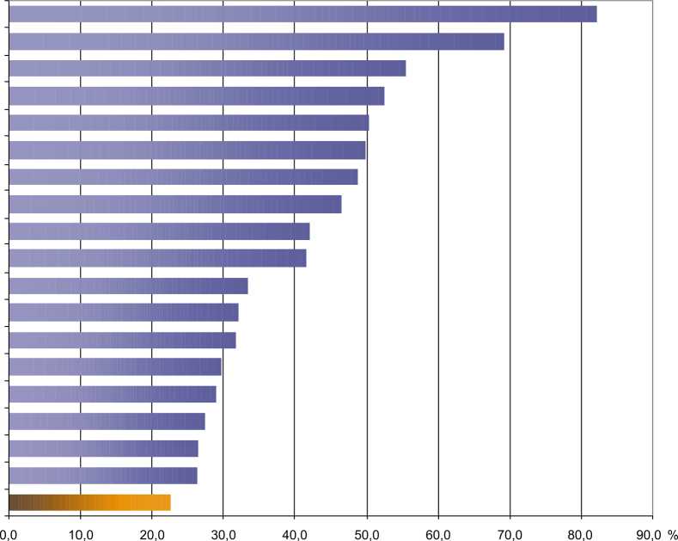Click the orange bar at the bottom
89,502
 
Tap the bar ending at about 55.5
207,69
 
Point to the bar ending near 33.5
128,286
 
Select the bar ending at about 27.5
107,421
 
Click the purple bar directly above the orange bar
103,476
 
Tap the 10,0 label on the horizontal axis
80,531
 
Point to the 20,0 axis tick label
151,531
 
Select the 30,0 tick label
223,531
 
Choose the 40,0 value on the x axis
295,531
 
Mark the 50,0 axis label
367,531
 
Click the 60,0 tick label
438,531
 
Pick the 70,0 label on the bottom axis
510,531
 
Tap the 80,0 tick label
582,531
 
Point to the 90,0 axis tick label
651,531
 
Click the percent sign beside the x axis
673,531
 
